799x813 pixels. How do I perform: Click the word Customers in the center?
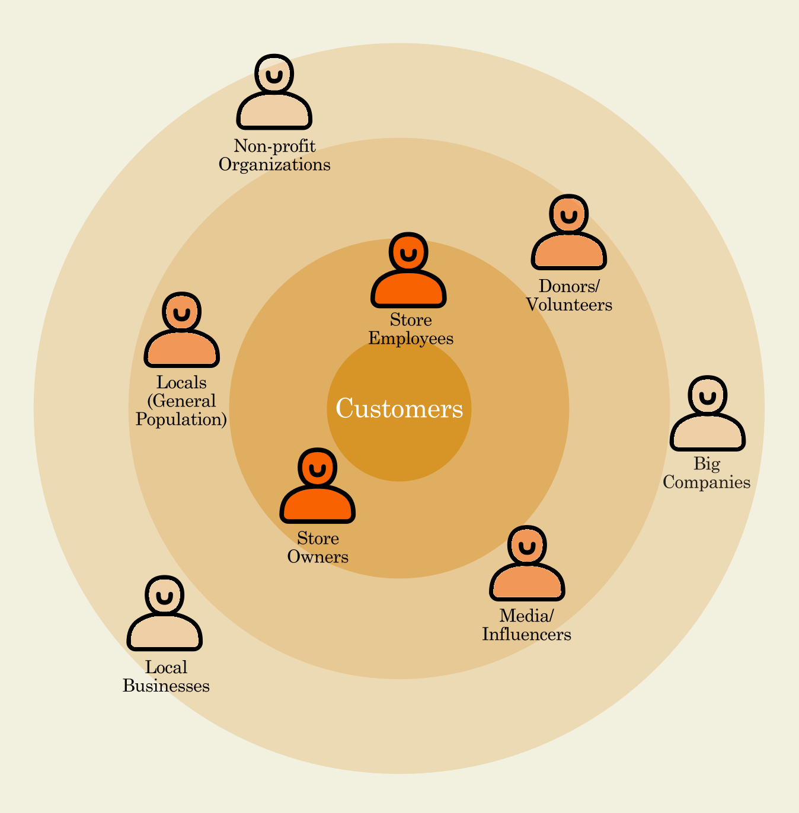point(399,409)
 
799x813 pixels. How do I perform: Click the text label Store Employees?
point(411,329)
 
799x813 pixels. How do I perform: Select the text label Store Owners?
point(318,548)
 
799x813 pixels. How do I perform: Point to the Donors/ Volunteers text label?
point(569,296)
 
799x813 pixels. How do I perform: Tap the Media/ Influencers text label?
point(526,625)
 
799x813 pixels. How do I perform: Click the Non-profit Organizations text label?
point(274,155)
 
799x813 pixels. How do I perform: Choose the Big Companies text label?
point(707,473)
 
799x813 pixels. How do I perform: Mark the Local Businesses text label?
point(166,677)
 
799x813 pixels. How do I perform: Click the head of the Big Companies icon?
point(708,395)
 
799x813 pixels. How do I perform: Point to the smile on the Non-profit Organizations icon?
point(274,76)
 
